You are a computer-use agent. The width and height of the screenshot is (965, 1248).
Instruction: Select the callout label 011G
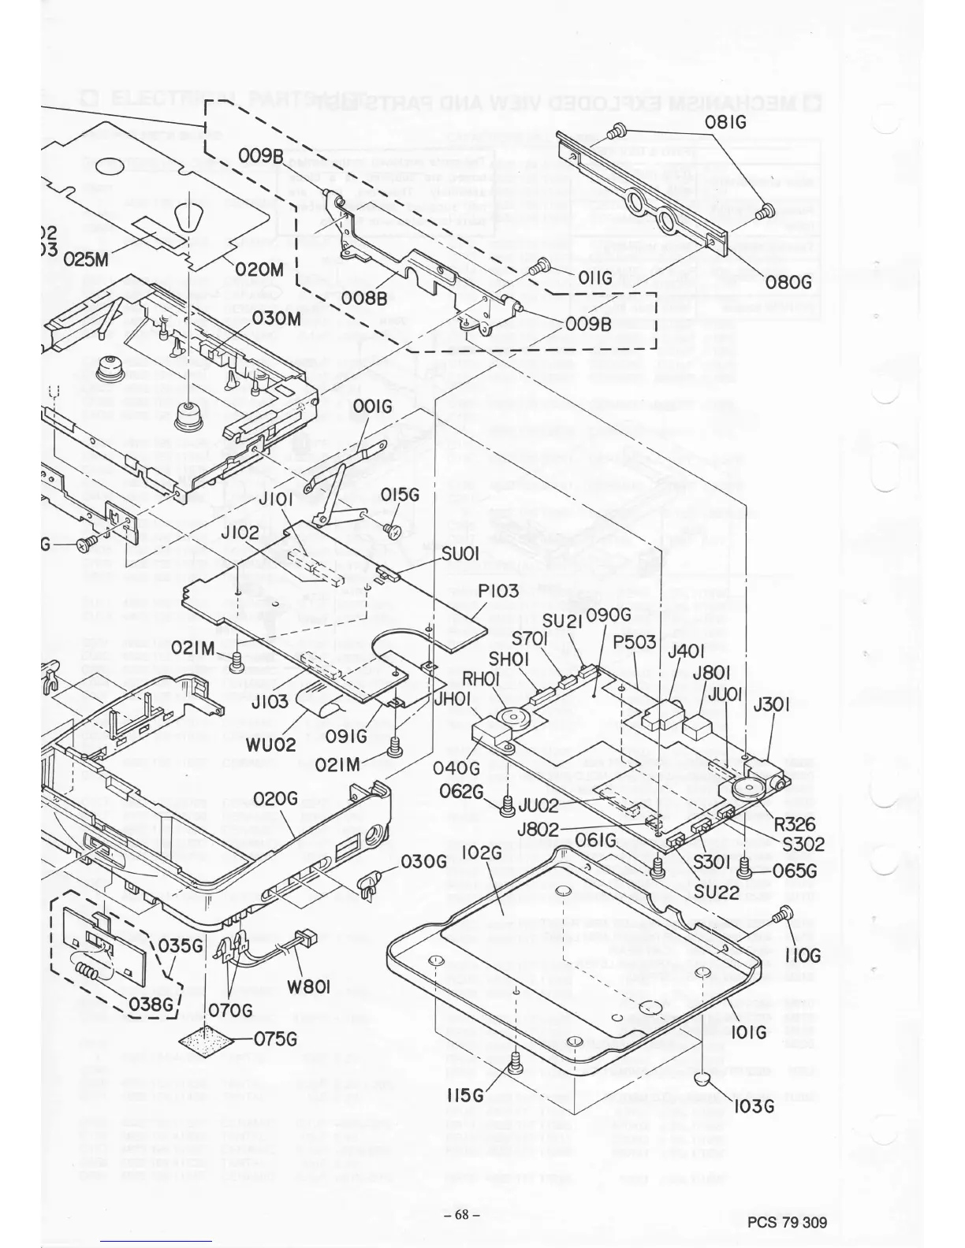pos(594,278)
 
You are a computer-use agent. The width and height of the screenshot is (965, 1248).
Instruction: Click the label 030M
pos(277,319)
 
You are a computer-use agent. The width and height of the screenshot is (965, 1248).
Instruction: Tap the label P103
pos(498,590)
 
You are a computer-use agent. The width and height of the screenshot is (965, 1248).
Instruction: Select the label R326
pos(795,825)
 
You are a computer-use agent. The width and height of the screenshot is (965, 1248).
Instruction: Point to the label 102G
pos(482,852)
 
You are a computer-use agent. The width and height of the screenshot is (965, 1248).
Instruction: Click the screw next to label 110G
pos(784,916)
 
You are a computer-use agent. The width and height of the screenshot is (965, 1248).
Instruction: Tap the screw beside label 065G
pos(743,867)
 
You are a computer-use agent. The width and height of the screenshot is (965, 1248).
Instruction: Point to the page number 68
pos(461,1214)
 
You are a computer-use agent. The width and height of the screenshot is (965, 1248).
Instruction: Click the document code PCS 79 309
pos(788,1223)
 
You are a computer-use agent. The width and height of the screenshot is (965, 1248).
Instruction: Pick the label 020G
pos(276,799)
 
